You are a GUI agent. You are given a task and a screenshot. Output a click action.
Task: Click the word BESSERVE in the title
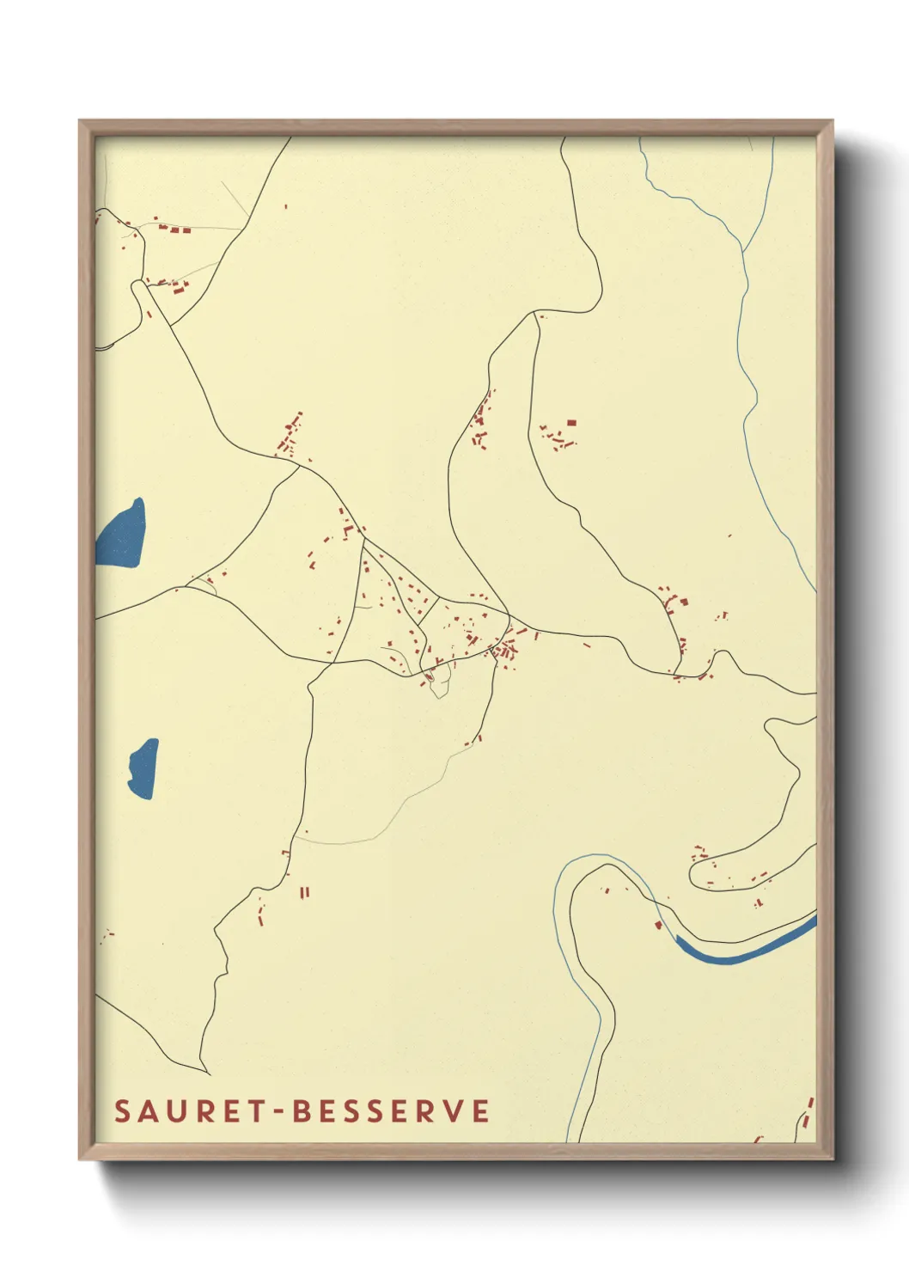point(392,1110)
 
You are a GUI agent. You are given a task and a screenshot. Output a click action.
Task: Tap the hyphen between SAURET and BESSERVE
point(280,1111)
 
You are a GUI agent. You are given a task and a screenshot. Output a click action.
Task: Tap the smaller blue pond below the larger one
point(143,767)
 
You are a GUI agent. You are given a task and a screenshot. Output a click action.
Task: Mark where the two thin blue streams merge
point(744,249)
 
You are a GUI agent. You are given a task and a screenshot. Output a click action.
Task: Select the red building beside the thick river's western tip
point(658,925)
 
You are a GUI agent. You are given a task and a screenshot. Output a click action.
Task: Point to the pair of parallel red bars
point(304,893)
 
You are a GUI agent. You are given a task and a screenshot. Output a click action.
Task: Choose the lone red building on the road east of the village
point(587,645)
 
